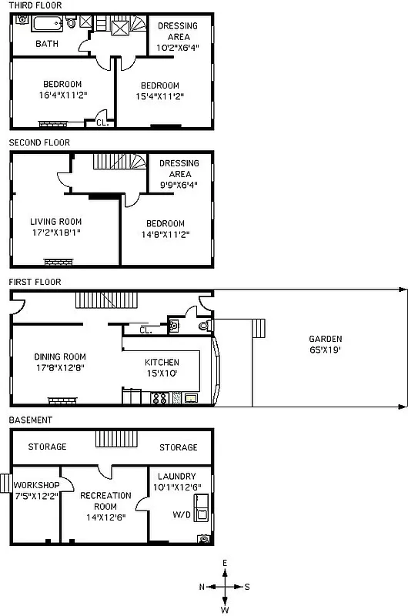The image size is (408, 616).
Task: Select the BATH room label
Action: (47, 44)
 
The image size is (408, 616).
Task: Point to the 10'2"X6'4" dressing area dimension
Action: (177, 46)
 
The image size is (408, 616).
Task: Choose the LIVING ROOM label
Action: (55, 222)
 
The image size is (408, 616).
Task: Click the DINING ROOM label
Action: (60, 357)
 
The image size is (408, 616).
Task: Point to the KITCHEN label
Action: (162, 362)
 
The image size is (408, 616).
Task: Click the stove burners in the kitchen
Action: (162, 398)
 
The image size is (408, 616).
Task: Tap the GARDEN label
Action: (326, 339)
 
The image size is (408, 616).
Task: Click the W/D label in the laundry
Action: (181, 515)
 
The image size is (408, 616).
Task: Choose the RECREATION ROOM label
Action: (105, 500)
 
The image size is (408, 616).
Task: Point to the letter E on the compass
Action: (225, 563)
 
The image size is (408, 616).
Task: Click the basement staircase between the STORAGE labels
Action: (115, 439)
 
